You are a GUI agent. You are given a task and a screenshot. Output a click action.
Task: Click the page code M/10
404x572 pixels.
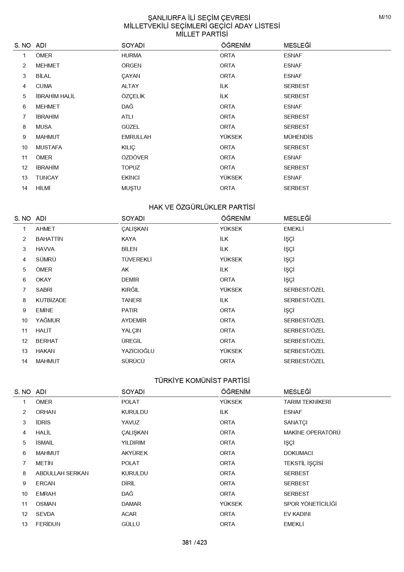pyautogui.click(x=385, y=17)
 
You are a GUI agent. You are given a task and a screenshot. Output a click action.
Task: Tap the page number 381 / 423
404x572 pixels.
pyautogui.click(x=195, y=542)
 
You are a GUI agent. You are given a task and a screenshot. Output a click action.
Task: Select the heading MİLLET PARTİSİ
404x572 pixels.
pyautogui.click(x=202, y=34)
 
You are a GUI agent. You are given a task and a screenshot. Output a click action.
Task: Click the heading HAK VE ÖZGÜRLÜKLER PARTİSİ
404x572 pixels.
pyautogui.click(x=202, y=207)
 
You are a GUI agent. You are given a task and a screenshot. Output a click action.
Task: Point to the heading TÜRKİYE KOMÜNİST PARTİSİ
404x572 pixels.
pyautogui.click(x=202, y=380)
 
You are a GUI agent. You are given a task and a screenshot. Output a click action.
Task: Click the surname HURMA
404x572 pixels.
pyautogui.click(x=131, y=55)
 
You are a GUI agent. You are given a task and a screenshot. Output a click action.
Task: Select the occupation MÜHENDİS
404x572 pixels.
pyautogui.click(x=298, y=137)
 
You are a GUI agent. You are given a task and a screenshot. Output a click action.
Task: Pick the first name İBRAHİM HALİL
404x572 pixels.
pyautogui.click(x=55, y=96)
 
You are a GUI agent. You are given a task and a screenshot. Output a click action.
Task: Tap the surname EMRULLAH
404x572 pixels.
pyautogui.click(x=136, y=137)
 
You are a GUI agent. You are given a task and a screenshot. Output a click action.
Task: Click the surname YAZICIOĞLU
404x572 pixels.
pyautogui.click(x=138, y=351)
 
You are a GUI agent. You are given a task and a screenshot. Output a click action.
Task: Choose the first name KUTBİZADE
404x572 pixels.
pyautogui.click(x=51, y=300)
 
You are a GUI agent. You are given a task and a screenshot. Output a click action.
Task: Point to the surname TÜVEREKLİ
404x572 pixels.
pyautogui.click(x=137, y=259)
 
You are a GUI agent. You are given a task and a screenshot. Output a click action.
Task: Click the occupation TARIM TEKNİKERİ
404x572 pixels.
pyautogui.click(x=307, y=402)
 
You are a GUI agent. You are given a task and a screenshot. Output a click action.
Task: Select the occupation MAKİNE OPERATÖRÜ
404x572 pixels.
pyautogui.click(x=312, y=433)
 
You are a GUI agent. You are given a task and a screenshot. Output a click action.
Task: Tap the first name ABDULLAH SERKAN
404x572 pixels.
pyautogui.click(x=62, y=473)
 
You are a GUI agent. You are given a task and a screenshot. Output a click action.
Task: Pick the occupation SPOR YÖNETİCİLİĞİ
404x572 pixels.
pyautogui.click(x=310, y=504)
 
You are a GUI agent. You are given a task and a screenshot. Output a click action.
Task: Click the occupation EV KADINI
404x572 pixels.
pyautogui.click(x=297, y=514)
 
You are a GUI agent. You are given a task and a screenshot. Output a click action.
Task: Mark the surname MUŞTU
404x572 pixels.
pyautogui.click(x=131, y=188)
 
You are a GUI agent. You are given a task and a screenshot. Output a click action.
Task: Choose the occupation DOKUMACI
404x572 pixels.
pyautogui.click(x=298, y=453)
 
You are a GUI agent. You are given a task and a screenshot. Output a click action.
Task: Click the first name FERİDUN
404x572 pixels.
pyautogui.click(x=48, y=524)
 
